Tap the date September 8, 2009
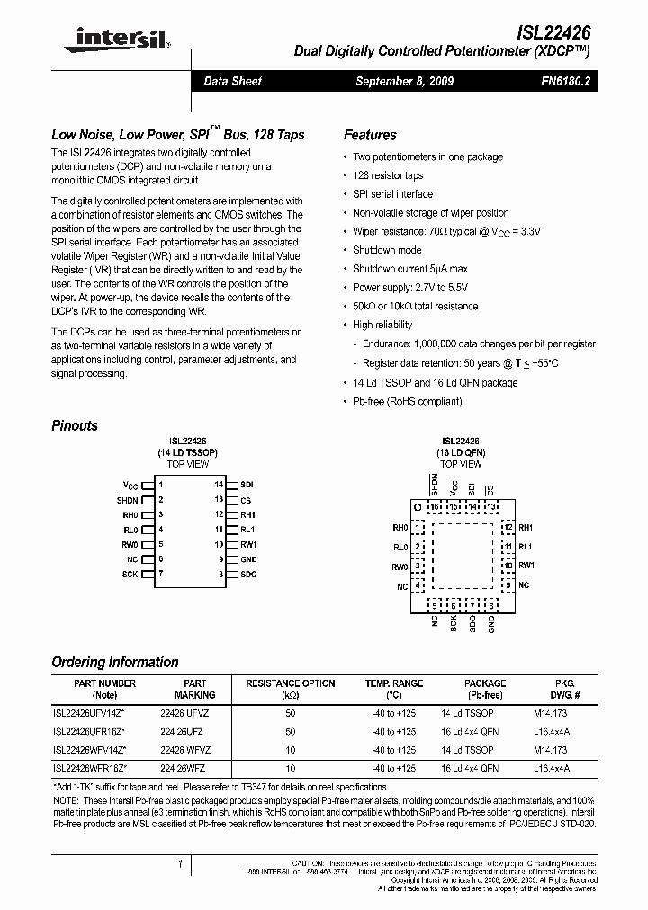[x=404, y=81]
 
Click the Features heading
[x=370, y=135]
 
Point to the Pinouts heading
[x=75, y=425]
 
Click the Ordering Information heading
[x=115, y=662]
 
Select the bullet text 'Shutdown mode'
[x=387, y=250]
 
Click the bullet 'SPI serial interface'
[x=392, y=193]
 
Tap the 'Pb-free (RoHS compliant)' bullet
[x=407, y=401]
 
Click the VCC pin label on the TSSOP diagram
[x=130, y=485]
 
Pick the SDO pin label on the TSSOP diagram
[x=248, y=573]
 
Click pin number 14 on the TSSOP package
[x=218, y=485]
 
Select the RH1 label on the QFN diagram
[x=526, y=527]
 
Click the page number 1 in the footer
[x=181, y=864]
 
